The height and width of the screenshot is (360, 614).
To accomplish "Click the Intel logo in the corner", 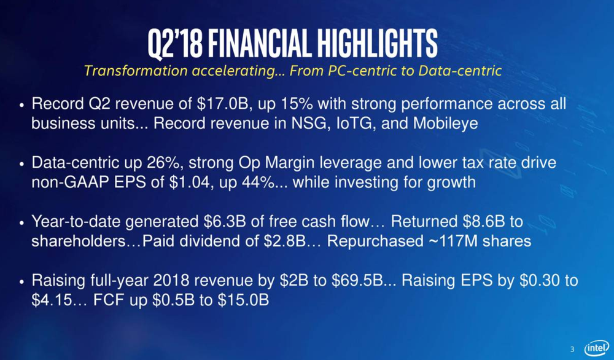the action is (596, 348).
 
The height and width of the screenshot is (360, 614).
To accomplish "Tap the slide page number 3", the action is (572, 349).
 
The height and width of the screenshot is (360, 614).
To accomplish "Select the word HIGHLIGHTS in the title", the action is (378, 43).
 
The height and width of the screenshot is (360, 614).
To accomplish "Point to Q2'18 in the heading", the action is (175, 44).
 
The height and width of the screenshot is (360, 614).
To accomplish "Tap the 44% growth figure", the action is (252, 182).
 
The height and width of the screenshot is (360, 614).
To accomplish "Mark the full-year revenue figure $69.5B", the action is (357, 281).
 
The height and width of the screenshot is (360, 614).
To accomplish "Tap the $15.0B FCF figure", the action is (243, 300).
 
